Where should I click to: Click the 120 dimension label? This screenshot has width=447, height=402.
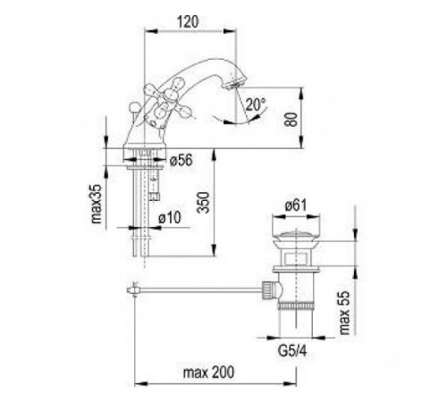pos(188,21)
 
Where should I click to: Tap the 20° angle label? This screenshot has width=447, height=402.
pos(256,105)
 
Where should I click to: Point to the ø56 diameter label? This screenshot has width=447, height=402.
pos(181,161)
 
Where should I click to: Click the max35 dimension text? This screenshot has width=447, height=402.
pos(97,204)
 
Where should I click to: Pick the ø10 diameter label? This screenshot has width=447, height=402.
pos(169,218)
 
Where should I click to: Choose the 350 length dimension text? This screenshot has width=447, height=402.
pos(204,203)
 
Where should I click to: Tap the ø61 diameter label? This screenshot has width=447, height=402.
pos(295,205)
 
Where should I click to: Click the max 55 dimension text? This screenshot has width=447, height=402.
pos(344,313)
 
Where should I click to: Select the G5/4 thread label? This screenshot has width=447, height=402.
pos(292,351)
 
